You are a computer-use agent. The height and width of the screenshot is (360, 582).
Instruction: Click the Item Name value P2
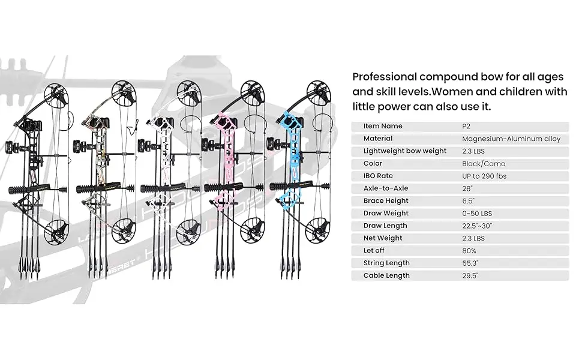pyautogui.click(x=466, y=126)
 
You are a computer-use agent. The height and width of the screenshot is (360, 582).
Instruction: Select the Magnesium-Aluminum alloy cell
pyautogui.click(x=511, y=139)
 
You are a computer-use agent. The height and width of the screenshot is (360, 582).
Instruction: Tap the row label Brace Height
pyautogui.click(x=386, y=200)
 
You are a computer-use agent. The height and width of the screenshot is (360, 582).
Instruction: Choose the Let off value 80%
pyautogui.click(x=469, y=250)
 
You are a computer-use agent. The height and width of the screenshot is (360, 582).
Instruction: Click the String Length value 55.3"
pyautogui.click(x=470, y=263)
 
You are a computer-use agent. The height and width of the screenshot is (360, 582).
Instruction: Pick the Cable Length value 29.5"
pyautogui.click(x=470, y=275)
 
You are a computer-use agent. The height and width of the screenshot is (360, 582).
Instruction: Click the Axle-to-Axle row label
pyautogui.click(x=385, y=188)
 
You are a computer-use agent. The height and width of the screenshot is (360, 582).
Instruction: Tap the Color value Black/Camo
pyautogui.click(x=484, y=163)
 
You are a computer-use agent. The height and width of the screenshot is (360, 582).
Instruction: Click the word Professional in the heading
pyautogui.click(x=384, y=77)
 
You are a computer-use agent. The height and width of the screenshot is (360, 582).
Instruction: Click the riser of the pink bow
pyautogui.click(x=227, y=156)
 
